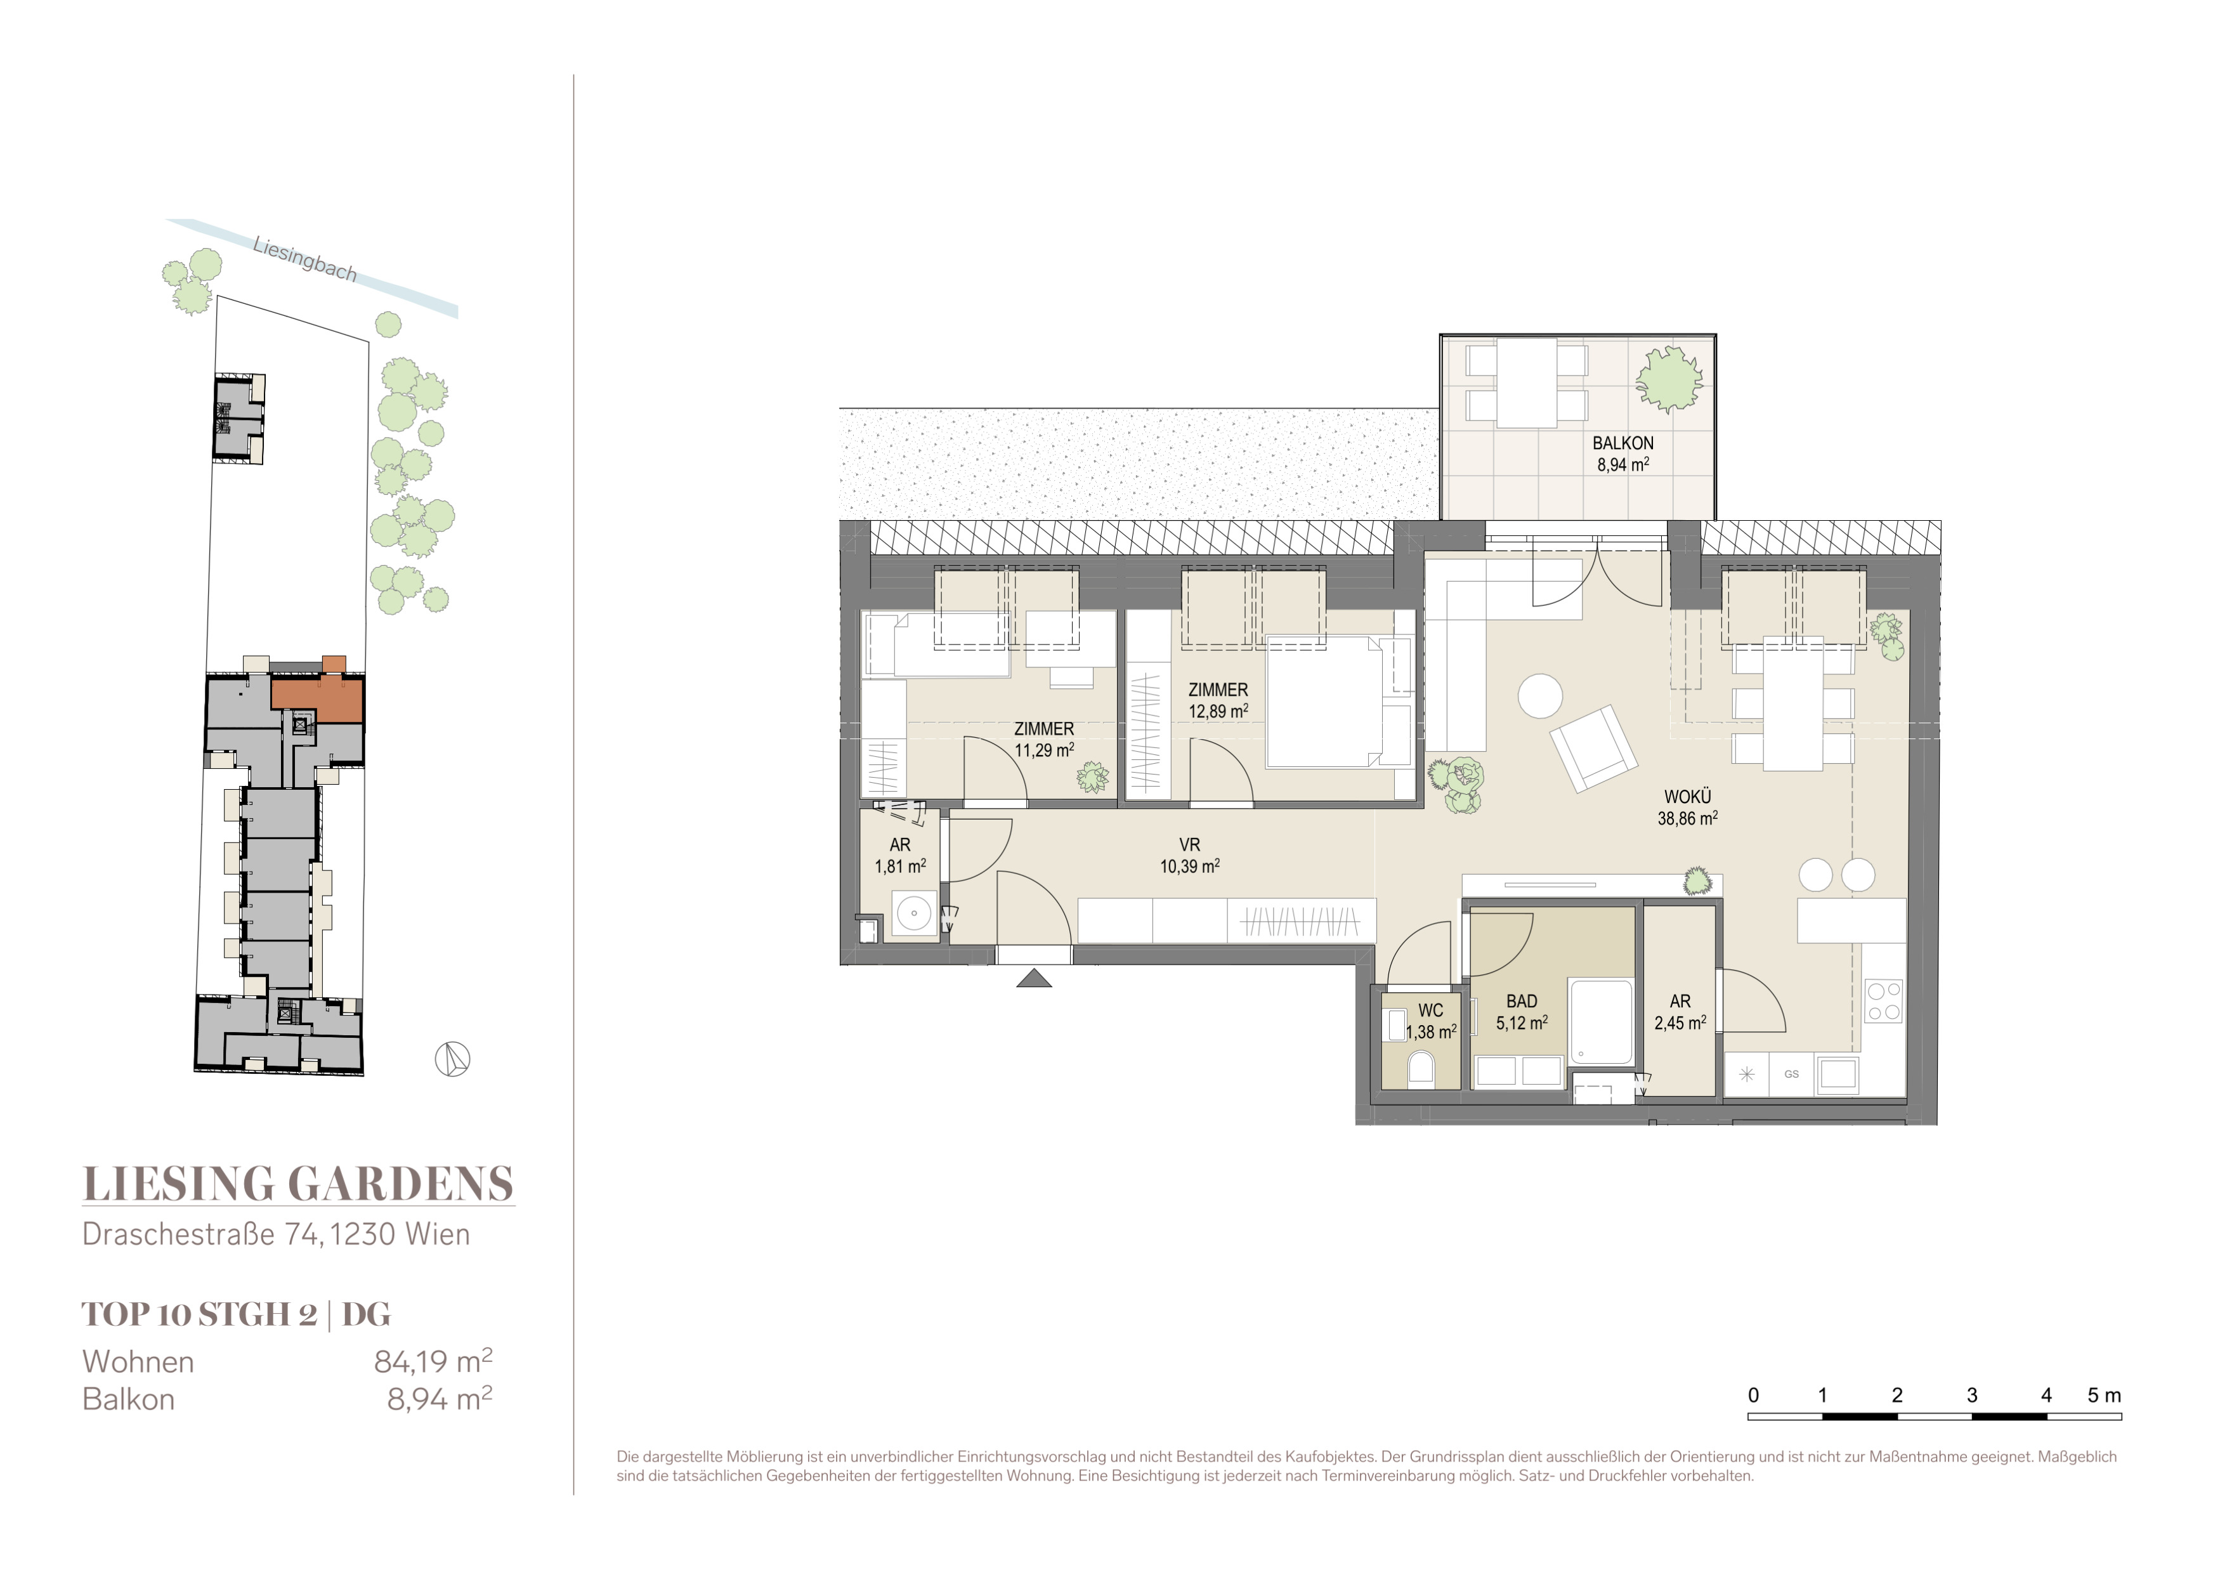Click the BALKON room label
(1623, 443)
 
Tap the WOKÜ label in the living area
(1687, 797)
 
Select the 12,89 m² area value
(1218, 710)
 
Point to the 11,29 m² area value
(1044, 749)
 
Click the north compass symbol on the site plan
(452, 1059)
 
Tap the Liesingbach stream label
(304, 259)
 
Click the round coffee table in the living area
(1539, 695)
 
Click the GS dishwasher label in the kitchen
(1792, 1074)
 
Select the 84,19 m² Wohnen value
(433, 1361)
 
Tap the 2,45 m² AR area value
(1680, 1023)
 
